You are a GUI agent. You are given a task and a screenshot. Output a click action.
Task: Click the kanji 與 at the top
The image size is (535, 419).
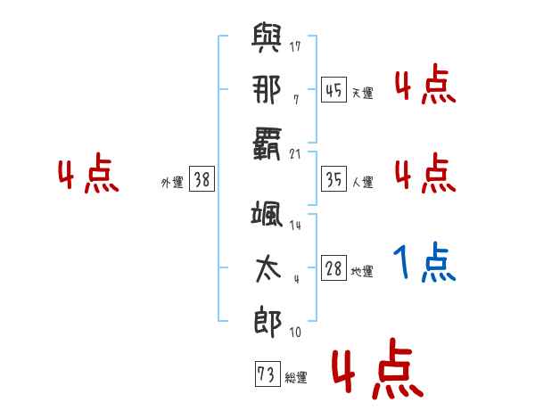267,37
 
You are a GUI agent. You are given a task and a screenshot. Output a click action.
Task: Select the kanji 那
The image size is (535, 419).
267,89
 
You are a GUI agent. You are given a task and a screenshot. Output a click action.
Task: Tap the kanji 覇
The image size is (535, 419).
267,144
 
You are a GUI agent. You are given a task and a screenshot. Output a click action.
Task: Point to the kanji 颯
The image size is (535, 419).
267,214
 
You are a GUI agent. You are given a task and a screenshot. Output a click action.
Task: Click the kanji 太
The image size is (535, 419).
268,269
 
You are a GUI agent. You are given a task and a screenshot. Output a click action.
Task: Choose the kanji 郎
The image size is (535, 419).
267,323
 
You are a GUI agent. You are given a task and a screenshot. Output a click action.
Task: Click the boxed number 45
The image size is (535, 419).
333,89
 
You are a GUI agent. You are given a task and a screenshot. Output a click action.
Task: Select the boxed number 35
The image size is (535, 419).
333,178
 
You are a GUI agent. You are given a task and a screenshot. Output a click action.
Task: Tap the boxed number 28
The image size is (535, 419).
333,267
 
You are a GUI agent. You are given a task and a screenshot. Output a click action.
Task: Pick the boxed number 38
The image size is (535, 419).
202,178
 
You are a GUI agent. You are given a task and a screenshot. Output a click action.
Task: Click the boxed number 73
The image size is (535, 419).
267,374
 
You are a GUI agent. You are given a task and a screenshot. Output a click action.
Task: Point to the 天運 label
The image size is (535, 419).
363,93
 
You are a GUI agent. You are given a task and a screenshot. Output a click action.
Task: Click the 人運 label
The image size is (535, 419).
363,182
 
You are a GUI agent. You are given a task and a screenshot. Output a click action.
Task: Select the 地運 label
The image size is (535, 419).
362,271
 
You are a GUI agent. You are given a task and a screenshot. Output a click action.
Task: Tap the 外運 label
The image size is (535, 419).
172,182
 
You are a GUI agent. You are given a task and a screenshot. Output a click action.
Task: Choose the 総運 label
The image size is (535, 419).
296,377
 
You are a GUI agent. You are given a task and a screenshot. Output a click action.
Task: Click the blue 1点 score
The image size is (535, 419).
424,262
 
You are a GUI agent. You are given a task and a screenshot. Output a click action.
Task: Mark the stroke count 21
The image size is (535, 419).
295,154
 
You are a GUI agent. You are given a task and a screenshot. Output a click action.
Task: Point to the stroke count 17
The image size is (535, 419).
295,46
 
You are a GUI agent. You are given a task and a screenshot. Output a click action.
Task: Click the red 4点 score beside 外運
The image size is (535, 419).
88,173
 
